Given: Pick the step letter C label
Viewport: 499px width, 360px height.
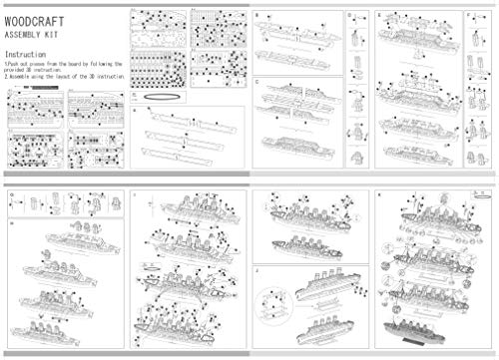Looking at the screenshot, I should tap(257, 82).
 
